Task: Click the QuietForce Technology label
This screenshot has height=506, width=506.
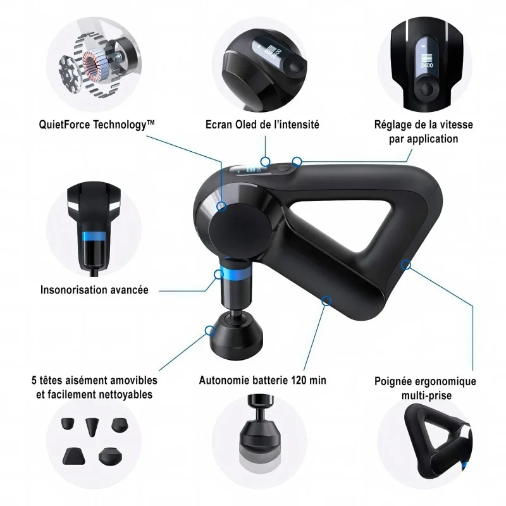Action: coord(97,125)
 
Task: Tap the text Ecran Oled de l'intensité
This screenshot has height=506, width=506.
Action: coord(262,124)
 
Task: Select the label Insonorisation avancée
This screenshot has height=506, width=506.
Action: coord(94,290)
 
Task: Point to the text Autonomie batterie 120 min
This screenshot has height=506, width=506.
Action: coord(262,380)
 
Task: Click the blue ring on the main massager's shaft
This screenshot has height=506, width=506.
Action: coord(235,273)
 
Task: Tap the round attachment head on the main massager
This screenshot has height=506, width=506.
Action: coord(237,336)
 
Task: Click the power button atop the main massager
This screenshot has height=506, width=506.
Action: coord(283,168)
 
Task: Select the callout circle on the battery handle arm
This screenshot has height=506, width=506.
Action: coord(326,301)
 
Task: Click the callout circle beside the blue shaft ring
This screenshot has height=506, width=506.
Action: coord(219,275)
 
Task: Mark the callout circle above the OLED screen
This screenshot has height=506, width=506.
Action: coord(265,161)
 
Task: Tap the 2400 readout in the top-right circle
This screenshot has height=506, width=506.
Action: coord(426,65)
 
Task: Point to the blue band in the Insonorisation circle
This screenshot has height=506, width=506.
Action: coord(94,236)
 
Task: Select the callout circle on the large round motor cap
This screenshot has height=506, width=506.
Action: coord(221,206)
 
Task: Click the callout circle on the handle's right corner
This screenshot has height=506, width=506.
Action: coord(406,265)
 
